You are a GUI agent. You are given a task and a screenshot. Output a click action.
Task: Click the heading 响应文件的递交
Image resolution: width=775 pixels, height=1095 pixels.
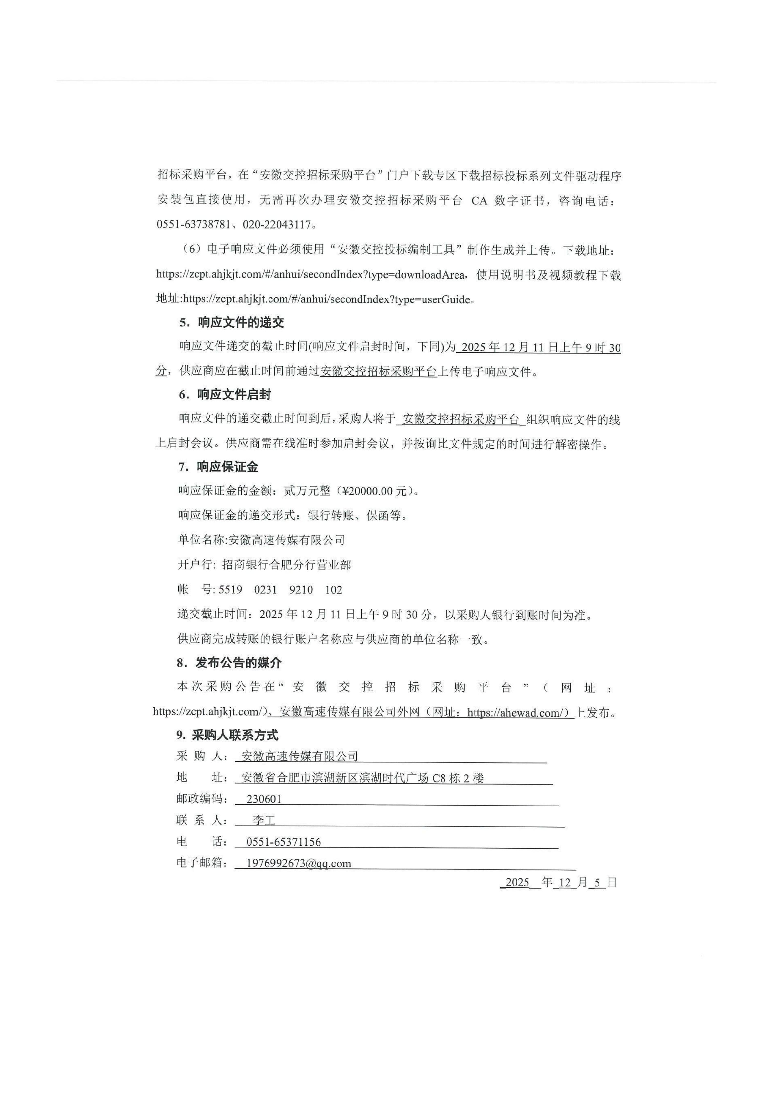(x=241, y=323)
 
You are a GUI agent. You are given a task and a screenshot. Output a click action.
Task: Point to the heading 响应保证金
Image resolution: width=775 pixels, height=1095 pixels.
(x=228, y=467)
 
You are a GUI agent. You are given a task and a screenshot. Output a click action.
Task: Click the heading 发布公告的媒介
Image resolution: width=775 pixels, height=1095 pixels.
(x=239, y=663)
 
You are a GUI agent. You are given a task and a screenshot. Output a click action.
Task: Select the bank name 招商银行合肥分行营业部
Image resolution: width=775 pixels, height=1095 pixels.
(x=286, y=565)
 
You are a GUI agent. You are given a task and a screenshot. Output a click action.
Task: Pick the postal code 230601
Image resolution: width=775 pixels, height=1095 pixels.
(x=264, y=799)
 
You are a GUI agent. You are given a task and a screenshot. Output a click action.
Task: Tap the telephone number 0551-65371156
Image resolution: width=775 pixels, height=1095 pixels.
(x=283, y=842)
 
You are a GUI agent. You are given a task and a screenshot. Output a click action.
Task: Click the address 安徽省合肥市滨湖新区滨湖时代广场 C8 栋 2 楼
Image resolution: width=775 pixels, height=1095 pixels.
(x=363, y=778)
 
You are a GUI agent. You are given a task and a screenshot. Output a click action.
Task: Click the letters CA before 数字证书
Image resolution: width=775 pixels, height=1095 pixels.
(x=479, y=201)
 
